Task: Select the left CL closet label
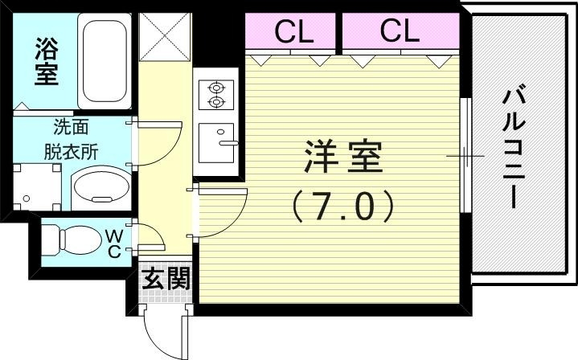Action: (293, 31)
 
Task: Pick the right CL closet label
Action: (400, 31)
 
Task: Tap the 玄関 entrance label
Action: (166, 279)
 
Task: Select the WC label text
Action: (114, 243)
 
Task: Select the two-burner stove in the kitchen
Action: (216, 94)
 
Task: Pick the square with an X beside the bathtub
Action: (165, 38)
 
